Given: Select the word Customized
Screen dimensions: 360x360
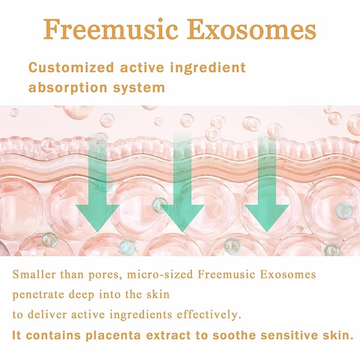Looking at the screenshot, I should pos(71,68).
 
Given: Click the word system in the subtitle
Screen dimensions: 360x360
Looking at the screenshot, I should pos(138,87).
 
